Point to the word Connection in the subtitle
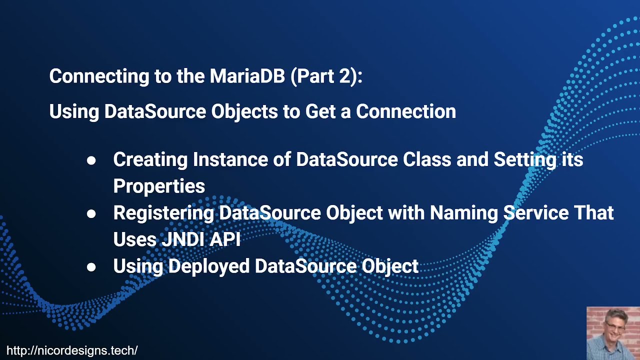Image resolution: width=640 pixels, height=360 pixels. pos(405,111)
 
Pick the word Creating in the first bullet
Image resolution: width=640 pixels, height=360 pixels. pos(149,160)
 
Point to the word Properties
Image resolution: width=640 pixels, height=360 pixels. pos(159,186)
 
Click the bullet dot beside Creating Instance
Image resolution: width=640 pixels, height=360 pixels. pos(91,160)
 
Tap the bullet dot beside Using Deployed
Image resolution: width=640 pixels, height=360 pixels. pos(91,267)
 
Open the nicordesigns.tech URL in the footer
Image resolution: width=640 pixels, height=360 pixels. pos(72,350)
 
